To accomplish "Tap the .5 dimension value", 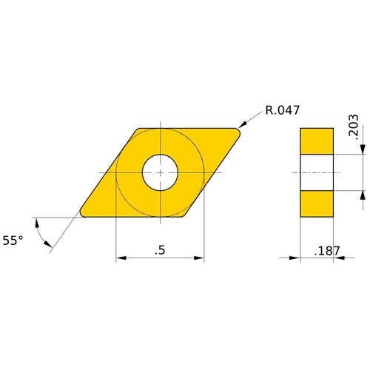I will coord(159,250).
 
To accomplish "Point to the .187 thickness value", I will coord(326,251).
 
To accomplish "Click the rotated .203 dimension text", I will coord(353,128).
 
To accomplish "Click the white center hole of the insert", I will coord(161,172).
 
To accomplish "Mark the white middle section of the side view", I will coord(317,172).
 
